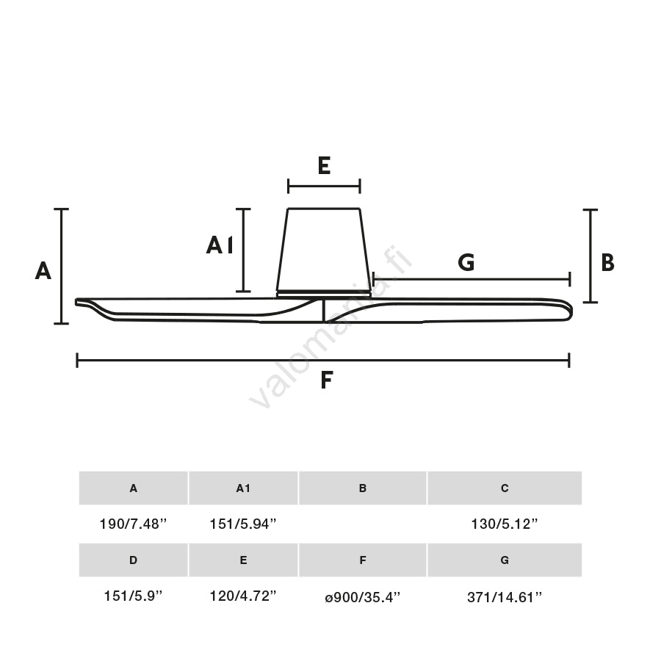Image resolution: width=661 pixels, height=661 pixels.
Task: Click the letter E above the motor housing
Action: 324,165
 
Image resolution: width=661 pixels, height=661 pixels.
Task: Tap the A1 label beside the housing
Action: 220,245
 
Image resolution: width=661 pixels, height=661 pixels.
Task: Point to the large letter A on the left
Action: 43,271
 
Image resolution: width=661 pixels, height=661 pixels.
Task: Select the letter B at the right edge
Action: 607,262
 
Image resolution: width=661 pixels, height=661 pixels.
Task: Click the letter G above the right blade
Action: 466,262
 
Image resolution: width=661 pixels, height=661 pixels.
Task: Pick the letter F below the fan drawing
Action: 327,380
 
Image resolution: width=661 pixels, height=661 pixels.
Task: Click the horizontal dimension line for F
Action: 220,360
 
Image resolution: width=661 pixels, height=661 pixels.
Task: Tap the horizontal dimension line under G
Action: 514,279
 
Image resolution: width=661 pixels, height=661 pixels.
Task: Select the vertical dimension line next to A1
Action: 244,250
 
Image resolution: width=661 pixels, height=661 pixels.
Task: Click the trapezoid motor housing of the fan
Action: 323,250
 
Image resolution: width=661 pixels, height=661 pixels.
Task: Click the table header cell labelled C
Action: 505,488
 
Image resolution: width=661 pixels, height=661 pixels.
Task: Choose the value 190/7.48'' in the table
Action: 133,524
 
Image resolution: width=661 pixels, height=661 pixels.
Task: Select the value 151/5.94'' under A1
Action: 243,524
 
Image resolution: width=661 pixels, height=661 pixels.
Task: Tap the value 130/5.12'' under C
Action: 505,524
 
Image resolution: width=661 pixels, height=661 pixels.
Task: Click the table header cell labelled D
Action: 133,560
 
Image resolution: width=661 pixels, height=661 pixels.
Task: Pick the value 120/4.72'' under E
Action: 243,596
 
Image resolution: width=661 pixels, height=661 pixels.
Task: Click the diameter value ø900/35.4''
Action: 362,596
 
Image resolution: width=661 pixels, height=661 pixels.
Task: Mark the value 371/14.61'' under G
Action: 505,596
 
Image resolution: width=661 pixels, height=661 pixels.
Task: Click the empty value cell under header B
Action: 362,524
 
